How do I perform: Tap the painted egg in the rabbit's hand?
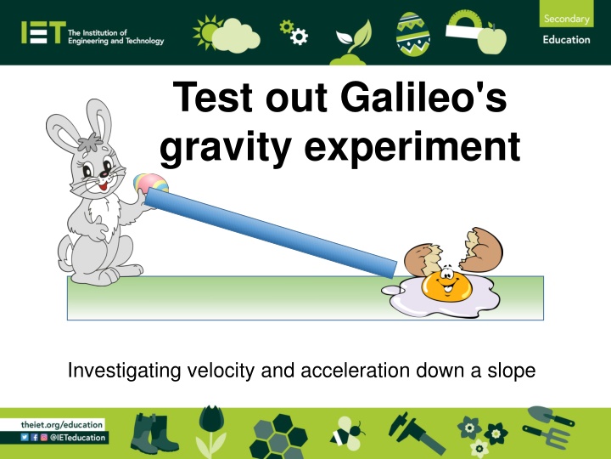pyautogui.click(x=151, y=184)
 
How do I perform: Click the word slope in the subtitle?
pyautogui.click(x=509, y=371)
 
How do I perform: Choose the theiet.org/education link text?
pyautogui.click(x=62, y=423)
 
